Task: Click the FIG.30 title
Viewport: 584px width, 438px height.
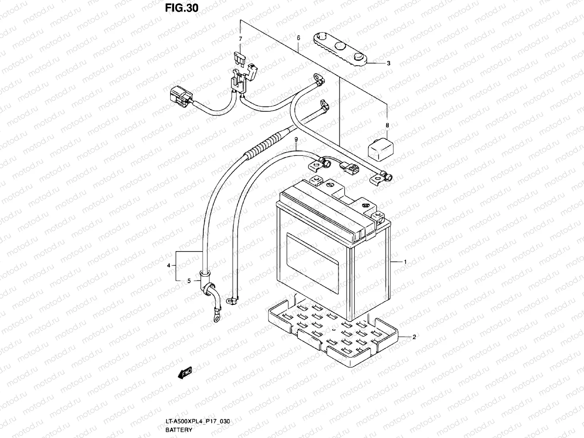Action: pyautogui.click(x=181, y=8)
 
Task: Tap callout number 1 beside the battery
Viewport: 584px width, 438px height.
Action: pyautogui.click(x=405, y=262)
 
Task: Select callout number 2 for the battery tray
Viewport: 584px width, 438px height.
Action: pyautogui.click(x=414, y=337)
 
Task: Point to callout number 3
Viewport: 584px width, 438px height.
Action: pyautogui.click(x=388, y=63)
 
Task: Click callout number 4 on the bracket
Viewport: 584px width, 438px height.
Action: pyautogui.click(x=168, y=265)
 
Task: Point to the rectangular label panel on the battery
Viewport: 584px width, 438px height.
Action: pyautogui.click(x=312, y=263)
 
